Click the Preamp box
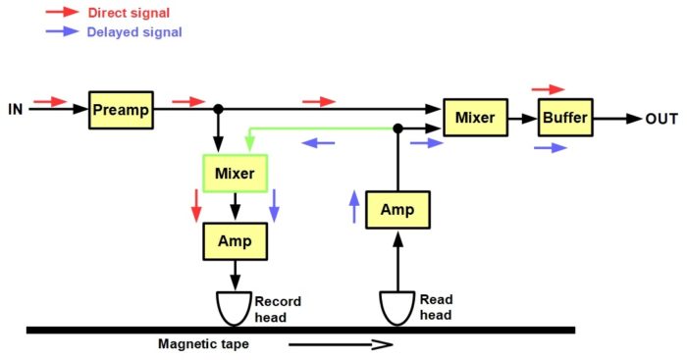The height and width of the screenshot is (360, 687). click(x=121, y=110)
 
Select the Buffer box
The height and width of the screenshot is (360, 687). click(x=565, y=118)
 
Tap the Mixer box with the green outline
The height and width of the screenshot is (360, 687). click(x=235, y=174)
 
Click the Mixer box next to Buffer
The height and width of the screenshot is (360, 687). click(x=475, y=118)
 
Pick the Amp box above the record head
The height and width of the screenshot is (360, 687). click(x=235, y=241)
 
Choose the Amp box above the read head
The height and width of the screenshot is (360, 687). click(x=397, y=210)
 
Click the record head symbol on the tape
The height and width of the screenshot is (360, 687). click(x=235, y=309)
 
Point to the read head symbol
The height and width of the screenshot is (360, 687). click(x=396, y=309)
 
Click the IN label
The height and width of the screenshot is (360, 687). click(x=16, y=109)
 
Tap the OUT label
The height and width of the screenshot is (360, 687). click(x=661, y=119)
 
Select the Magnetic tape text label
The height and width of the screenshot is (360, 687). click(x=203, y=343)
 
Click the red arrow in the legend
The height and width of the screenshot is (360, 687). click(x=62, y=12)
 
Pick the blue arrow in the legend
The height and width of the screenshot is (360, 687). click(x=62, y=31)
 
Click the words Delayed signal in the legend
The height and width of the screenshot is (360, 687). click(x=134, y=32)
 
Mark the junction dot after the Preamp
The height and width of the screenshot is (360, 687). click(x=218, y=109)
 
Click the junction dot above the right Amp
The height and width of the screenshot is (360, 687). click(x=397, y=129)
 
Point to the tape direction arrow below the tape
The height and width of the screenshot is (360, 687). click(x=341, y=344)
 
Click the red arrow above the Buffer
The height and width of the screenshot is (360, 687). click(x=548, y=89)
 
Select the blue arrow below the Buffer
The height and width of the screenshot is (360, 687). click(x=551, y=148)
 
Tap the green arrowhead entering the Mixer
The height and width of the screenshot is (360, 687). click(x=249, y=143)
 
